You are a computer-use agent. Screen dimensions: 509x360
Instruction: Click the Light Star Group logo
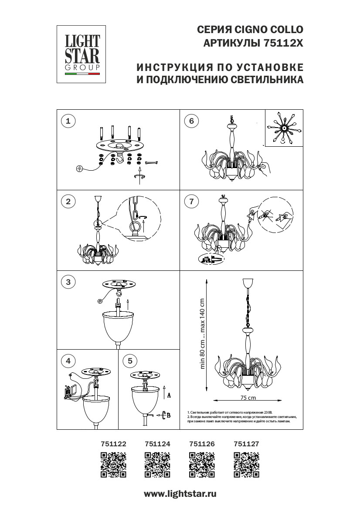(82, 54)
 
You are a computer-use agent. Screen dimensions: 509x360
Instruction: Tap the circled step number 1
(68, 121)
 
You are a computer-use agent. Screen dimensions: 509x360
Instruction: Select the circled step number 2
(68, 201)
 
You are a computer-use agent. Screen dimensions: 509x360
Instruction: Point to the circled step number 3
(68, 282)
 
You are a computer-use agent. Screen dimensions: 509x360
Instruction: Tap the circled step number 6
(191, 121)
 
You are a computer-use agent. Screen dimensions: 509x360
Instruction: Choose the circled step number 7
(191, 201)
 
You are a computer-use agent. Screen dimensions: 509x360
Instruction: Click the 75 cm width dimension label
(248, 398)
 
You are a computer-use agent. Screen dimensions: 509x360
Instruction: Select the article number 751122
(113, 444)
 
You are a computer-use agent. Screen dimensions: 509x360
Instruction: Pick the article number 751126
(202, 444)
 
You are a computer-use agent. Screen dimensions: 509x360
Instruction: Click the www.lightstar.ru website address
(180, 494)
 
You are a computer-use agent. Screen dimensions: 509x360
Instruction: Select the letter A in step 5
(168, 395)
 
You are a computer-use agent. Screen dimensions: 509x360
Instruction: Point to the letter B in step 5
(168, 415)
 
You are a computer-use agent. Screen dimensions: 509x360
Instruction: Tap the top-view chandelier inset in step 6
(284, 128)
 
